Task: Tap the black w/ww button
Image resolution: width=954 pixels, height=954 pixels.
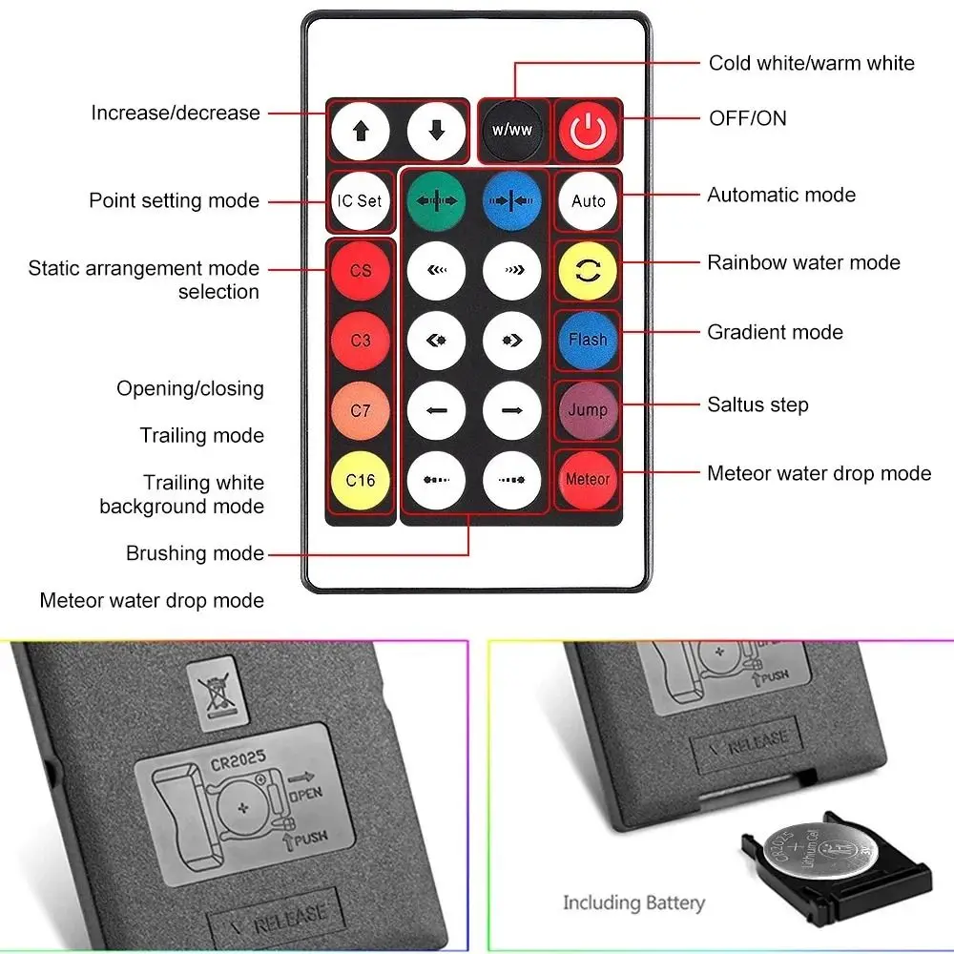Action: click(512, 130)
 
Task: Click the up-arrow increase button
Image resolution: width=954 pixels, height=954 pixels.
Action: click(360, 131)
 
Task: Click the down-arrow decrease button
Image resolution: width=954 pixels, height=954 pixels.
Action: click(436, 131)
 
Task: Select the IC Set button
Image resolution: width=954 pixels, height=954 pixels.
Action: click(360, 200)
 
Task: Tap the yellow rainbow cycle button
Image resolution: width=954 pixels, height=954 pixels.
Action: click(588, 271)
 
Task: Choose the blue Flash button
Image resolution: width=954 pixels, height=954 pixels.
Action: click(588, 340)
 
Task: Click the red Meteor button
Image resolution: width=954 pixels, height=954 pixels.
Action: click(588, 479)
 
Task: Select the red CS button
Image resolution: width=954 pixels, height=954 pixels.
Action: click(360, 271)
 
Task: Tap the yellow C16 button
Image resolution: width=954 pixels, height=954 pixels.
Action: click(360, 480)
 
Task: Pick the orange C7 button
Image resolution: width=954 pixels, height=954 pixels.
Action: click(360, 410)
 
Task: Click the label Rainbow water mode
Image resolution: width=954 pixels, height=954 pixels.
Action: click(803, 262)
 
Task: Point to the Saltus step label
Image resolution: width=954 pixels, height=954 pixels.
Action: click(757, 404)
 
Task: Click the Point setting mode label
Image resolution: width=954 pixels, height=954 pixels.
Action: click(174, 200)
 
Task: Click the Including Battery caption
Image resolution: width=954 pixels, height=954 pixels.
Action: click(633, 902)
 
